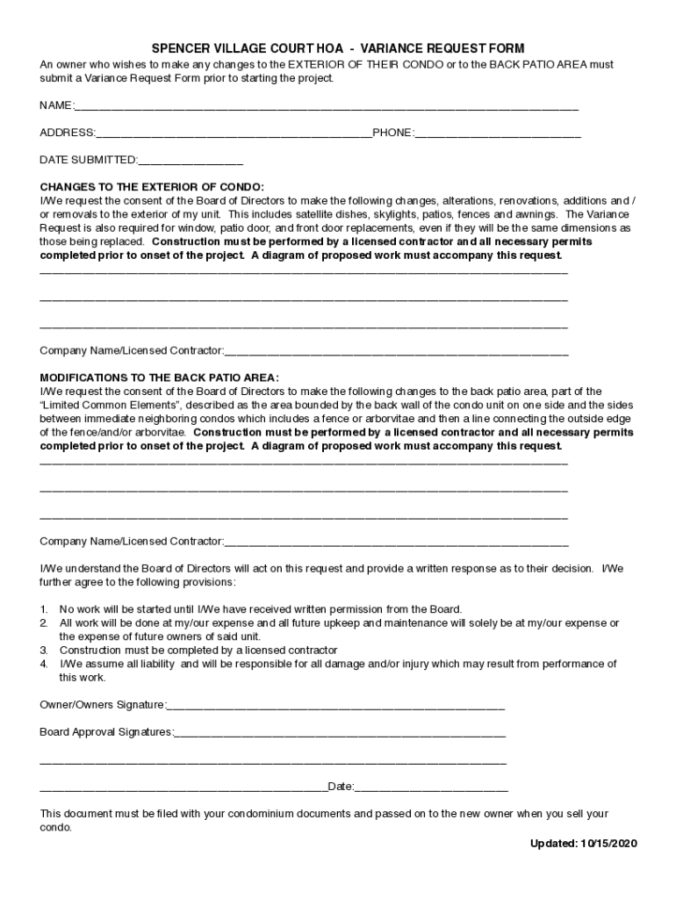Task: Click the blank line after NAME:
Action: (325, 107)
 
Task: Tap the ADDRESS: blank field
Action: (234, 133)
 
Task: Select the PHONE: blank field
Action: (497, 133)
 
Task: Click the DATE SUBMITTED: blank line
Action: (191, 161)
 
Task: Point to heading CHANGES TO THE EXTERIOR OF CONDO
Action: (152, 187)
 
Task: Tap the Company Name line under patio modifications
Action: (396, 542)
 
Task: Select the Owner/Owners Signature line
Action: (335, 705)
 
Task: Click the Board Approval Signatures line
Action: (340, 732)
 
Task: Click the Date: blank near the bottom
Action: (431, 787)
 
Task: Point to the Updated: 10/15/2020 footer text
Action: (583, 844)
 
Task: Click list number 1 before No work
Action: (44, 609)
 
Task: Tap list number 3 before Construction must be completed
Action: (44, 651)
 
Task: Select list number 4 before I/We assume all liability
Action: (44, 665)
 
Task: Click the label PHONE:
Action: (392, 133)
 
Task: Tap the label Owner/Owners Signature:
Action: (103, 705)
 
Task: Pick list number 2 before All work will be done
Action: (44, 623)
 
